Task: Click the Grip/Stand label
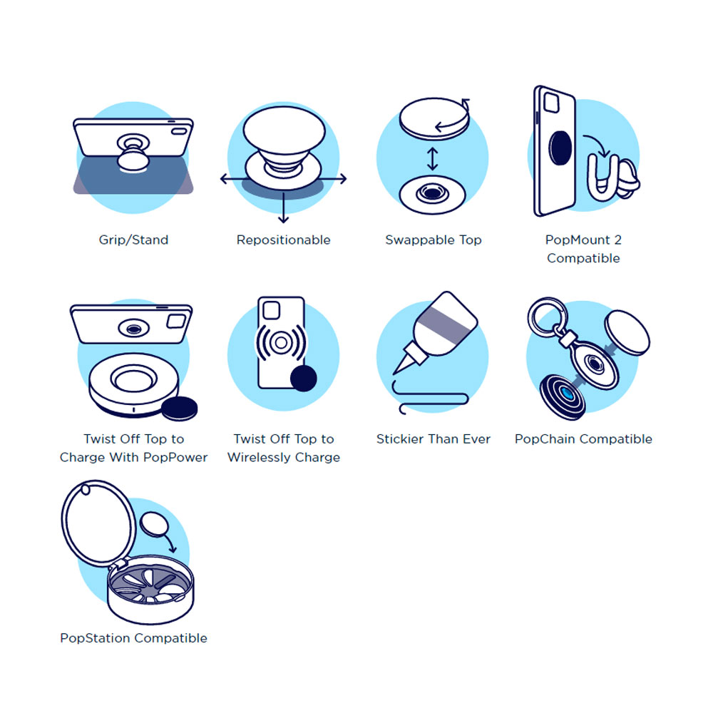[x=133, y=240]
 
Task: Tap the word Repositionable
[x=283, y=240]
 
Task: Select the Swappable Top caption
[x=434, y=240]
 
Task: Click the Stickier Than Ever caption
[x=434, y=439]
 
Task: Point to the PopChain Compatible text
[x=583, y=439]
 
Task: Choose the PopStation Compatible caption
[x=133, y=638]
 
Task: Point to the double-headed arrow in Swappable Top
[x=432, y=159]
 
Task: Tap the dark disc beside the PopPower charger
[x=179, y=409]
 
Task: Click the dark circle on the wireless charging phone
[x=304, y=379]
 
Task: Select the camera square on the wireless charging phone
[x=270, y=309]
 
